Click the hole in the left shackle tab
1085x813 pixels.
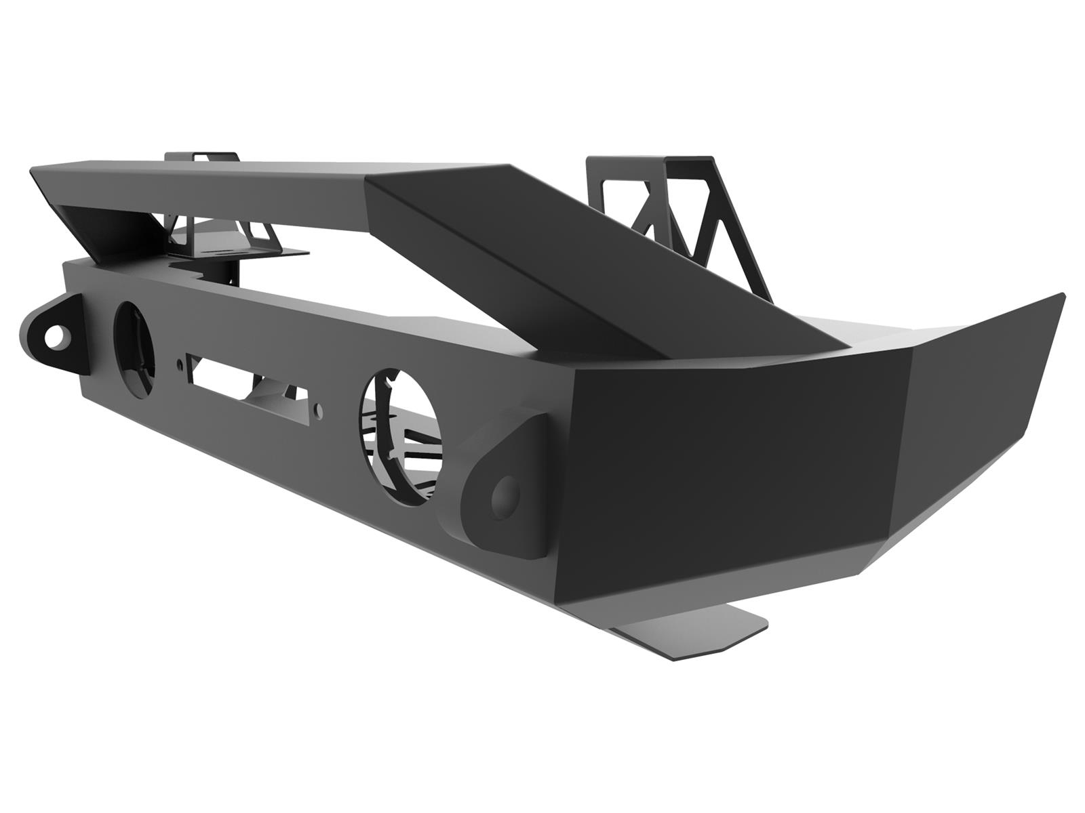(55, 335)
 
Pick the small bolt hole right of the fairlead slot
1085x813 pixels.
(319, 409)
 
